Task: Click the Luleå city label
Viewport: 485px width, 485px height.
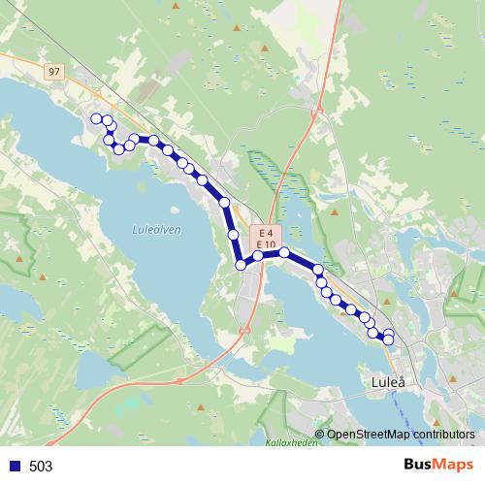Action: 393,383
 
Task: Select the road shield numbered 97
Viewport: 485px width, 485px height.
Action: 53,72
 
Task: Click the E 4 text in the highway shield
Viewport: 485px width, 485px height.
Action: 265,233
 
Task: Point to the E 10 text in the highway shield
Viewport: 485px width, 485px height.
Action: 265,243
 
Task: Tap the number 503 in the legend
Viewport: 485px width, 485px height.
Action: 41,467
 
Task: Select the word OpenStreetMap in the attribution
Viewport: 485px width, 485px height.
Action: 369,434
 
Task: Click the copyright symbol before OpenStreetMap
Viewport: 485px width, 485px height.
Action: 319,434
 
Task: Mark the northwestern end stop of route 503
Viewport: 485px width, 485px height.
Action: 95,118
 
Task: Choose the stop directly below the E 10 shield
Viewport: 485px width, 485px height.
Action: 259,256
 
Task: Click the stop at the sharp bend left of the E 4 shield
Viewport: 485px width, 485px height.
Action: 240,265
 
